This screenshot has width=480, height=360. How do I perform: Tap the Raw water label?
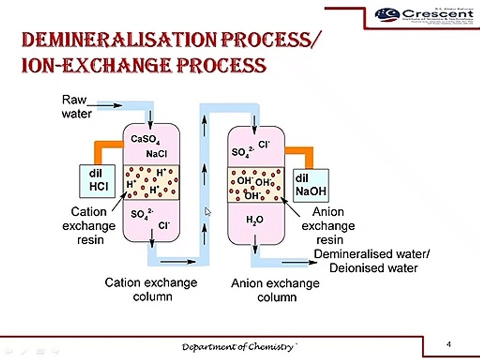click(x=76, y=107)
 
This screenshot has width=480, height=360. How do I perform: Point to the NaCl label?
click(x=156, y=154)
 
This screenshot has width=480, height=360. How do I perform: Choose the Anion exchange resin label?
click(x=328, y=225)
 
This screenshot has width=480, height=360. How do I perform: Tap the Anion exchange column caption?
click(x=274, y=290)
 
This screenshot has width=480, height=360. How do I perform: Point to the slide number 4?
click(x=448, y=344)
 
